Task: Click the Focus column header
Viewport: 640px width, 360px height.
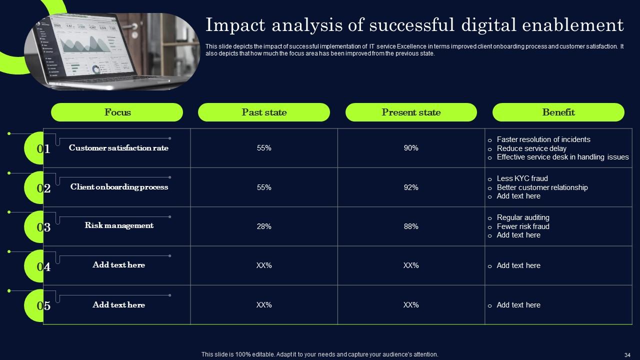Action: pos(117,112)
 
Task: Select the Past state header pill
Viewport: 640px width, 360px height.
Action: pos(264,112)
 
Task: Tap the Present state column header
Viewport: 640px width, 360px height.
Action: pos(411,112)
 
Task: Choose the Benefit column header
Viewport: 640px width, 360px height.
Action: pos(558,112)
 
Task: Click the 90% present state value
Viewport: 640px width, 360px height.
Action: pos(411,148)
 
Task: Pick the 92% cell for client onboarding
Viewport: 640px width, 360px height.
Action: pos(411,187)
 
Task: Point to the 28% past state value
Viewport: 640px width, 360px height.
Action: pos(264,226)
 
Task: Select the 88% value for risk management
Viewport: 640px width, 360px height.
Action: pos(411,226)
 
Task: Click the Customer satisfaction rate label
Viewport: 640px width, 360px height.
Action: pos(118,148)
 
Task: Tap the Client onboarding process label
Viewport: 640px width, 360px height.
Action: pos(119,187)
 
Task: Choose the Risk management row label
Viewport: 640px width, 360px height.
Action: pos(119,225)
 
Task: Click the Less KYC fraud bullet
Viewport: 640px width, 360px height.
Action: pos(522,178)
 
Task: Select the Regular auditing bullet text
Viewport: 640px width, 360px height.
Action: pos(522,217)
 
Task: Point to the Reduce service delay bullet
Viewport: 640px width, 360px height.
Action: pos(531,148)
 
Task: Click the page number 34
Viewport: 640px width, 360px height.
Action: pos(627,354)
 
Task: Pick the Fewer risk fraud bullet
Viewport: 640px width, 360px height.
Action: pos(522,226)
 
